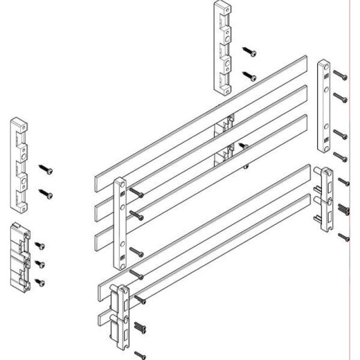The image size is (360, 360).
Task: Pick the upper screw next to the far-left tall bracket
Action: (46, 168)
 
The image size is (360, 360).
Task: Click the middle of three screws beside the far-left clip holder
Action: (39, 263)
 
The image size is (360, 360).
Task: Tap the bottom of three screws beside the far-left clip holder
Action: (39, 281)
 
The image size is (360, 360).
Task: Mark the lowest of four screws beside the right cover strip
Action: (339, 156)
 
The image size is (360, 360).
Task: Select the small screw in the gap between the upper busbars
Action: (243, 146)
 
